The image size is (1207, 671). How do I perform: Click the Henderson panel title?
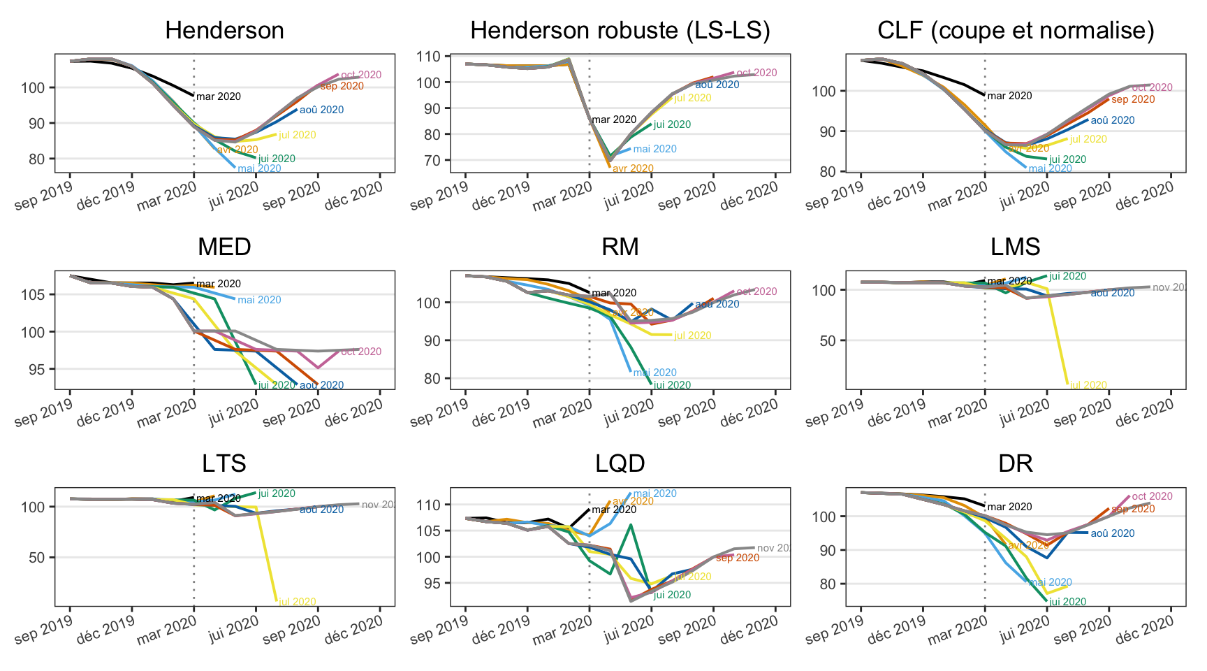(x=224, y=31)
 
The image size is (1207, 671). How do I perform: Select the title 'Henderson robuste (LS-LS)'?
(x=620, y=31)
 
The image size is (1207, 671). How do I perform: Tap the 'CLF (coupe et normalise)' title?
(x=1016, y=31)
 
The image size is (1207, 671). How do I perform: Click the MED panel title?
(x=224, y=247)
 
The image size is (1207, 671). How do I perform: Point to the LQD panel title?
(x=620, y=463)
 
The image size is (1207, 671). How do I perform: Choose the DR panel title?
(x=1016, y=463)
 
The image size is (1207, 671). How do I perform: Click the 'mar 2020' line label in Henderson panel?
(x=219, y=97)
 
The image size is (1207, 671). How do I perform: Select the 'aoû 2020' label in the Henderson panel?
(x=321, y=110)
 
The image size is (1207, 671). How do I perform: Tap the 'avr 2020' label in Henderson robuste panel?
(x=633, y=168)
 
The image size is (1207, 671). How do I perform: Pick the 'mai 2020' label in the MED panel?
(x=259, y=300)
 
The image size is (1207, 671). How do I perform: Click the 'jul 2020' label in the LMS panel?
(x=1088, y=385)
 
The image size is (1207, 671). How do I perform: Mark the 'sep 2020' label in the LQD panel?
(x=738, y=558)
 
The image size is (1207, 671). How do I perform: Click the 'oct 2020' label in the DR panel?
(x=1152, y=496)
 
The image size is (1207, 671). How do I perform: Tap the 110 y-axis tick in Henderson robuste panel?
(x=431, y=57)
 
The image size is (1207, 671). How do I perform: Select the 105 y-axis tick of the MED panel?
(x=35, y=294)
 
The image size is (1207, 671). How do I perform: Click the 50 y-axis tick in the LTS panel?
(x=39, y=557)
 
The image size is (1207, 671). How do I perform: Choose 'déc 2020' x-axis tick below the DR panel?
(x=1145, y=630)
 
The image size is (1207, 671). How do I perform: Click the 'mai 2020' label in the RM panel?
(x=654, y=373)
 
